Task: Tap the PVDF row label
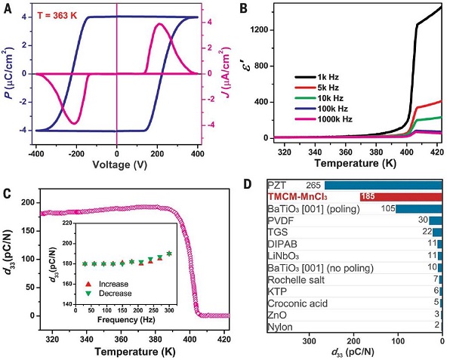click(x=281, y=220)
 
